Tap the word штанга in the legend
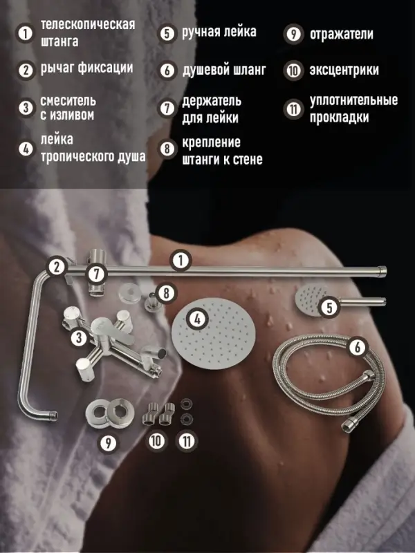[x=59, y=41]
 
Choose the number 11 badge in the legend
[x=293, y=109]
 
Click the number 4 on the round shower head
[x=199, y=320]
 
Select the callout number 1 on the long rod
[x=180, y=261]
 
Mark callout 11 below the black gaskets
[x=186, y=440]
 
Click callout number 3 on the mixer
[x=80, y=338]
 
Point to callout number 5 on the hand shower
[x=330, y=305]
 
